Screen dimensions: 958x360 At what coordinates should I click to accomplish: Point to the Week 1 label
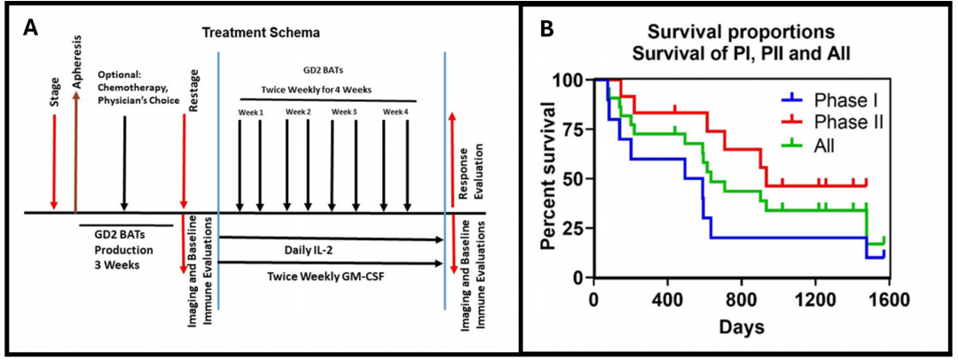249,112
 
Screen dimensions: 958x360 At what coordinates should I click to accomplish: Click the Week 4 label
396,112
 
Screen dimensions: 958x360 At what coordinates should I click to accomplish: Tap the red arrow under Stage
53,161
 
